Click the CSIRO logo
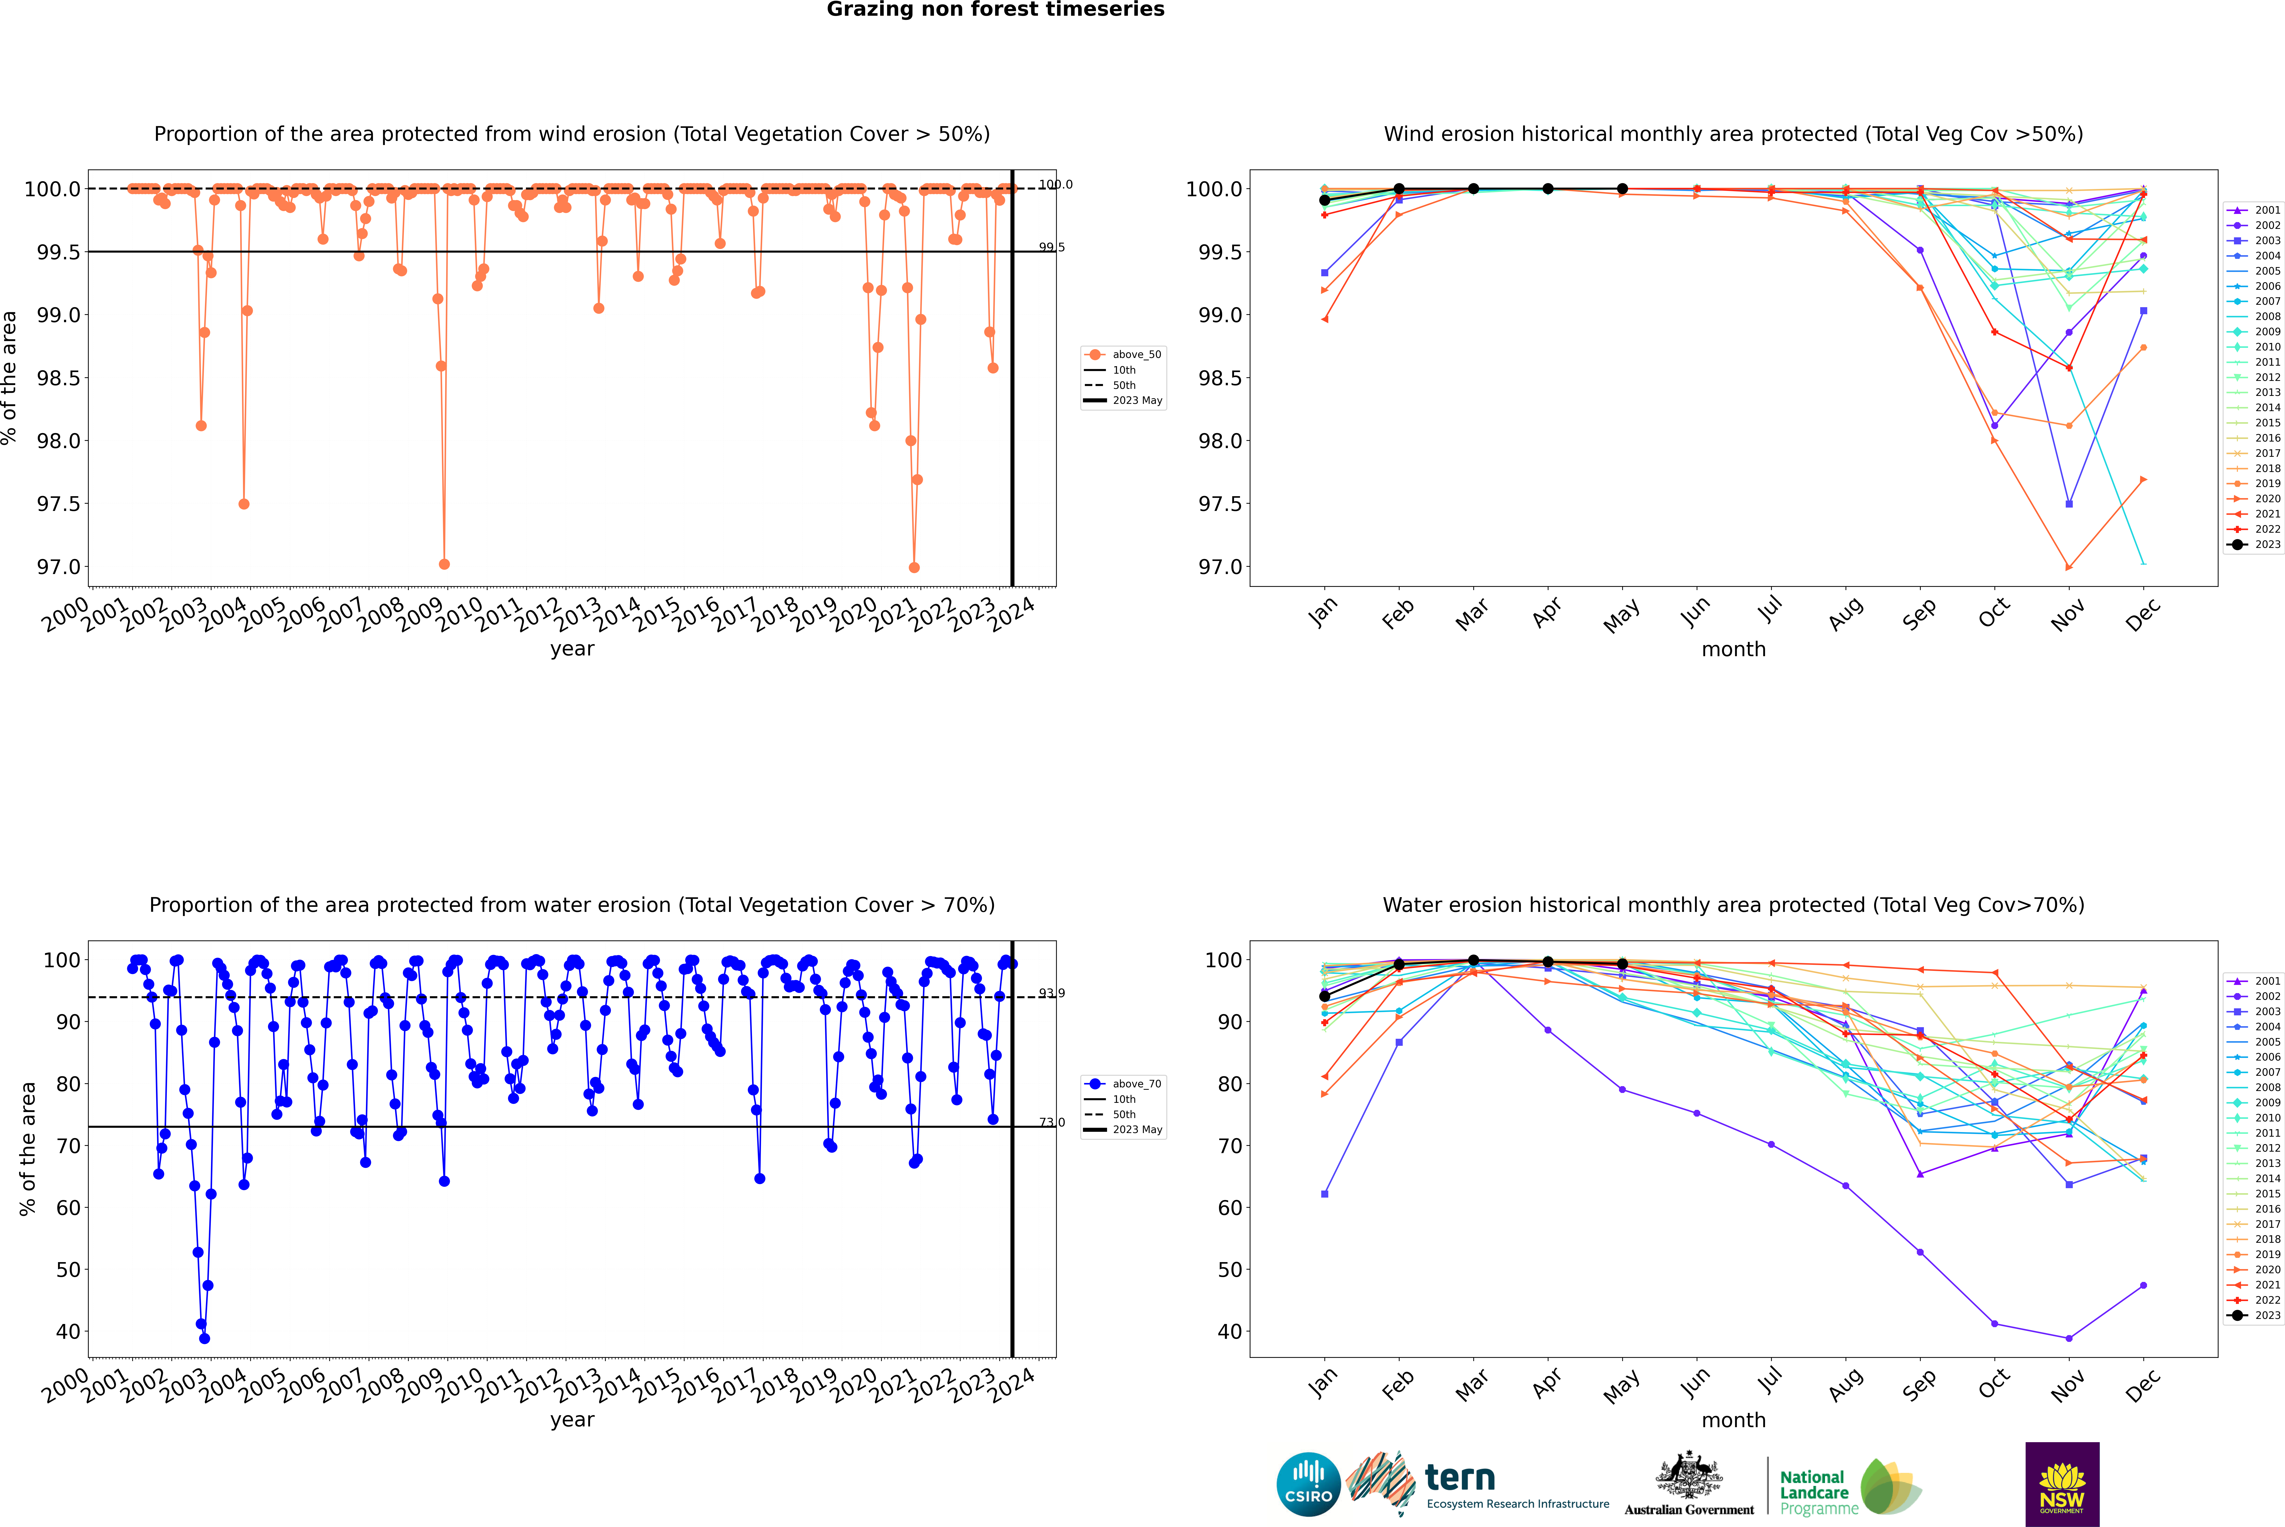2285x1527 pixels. [1308, 1484]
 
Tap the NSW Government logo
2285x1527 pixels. [2062, 1484]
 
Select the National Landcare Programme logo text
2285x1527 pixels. [1814, 1492]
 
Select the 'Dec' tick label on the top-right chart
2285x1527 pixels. [2143, 613]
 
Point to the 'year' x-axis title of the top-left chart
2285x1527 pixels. [572, 649]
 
